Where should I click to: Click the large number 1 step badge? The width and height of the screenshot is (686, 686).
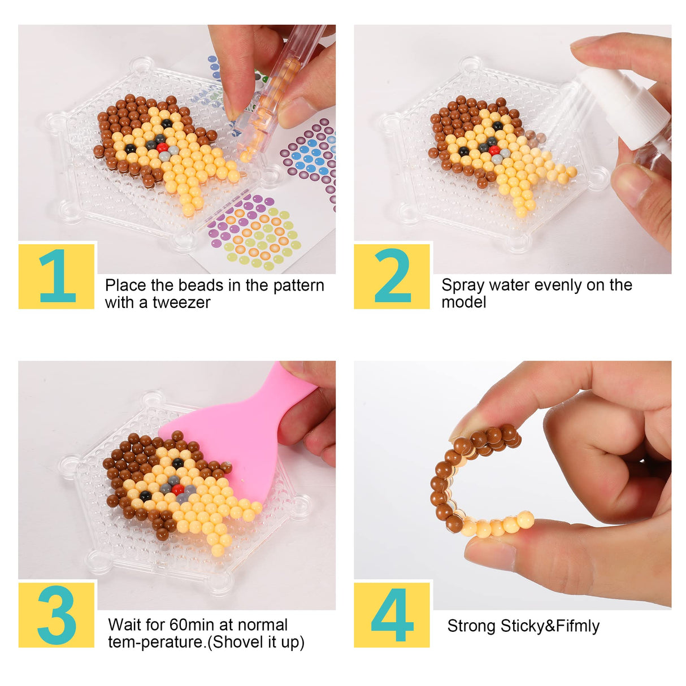tap(57, 276)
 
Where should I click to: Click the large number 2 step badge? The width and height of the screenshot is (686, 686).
tap(392, 276)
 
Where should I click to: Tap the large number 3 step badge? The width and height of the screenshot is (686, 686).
tap(57, 615)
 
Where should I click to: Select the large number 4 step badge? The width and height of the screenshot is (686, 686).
tap(392, 615)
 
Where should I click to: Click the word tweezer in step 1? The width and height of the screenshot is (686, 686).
tap(181, 303)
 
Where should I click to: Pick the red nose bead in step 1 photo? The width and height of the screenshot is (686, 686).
tap(163, 147)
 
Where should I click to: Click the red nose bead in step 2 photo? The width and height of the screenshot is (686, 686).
tap(494, 150)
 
